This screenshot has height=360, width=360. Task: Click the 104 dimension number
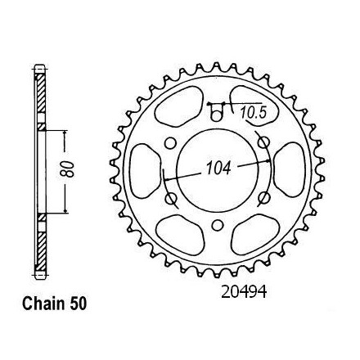[218, 168]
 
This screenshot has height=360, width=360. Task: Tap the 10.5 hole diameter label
[254, 112]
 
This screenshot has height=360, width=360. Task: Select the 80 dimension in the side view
[67, 169]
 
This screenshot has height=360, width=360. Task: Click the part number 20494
[244, 292]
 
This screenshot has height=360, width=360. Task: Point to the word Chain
[43, 304]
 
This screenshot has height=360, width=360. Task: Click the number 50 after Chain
[78, 304]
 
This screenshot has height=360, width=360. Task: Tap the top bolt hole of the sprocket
[217, 115]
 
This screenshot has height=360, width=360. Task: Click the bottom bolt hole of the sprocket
[217, 225]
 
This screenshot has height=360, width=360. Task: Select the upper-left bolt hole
[170, 143]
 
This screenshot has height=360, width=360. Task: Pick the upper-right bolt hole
[264, 142]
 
